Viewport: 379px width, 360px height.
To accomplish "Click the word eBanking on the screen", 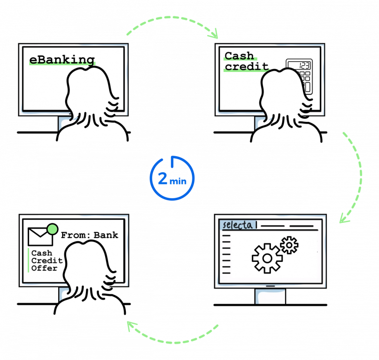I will [62, 60].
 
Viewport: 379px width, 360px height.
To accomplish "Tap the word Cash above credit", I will [239, 56].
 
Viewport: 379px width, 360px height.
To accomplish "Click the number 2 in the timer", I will [162, 179].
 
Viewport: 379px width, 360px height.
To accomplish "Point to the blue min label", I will [178, 181].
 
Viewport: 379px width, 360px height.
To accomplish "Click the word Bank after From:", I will [106, 235].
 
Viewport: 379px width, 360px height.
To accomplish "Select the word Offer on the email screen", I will [44, 268].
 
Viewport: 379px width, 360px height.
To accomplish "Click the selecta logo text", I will [239, 225].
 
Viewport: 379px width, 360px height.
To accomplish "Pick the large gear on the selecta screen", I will [267, 257].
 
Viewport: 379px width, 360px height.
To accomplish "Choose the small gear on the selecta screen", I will [289, 245].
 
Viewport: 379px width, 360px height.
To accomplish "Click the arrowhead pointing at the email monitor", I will [130, 325].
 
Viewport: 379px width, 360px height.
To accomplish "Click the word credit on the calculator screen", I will [246, 67].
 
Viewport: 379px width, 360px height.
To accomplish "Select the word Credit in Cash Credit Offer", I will [47, 261].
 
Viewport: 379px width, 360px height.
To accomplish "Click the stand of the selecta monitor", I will [270, 296].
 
